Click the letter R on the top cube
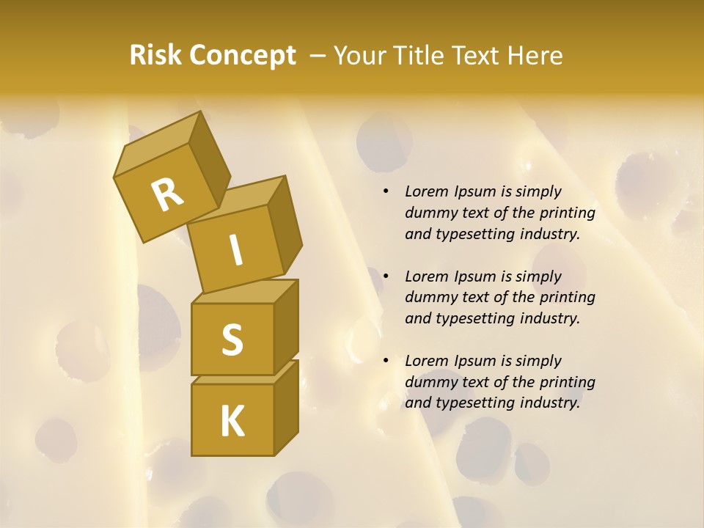click(x=167, y=195)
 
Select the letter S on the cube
click(x=232, y=339)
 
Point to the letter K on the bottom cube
click(x=232, y=422)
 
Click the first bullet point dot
click(x=386, y=191)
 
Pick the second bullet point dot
click(x=386, y=276)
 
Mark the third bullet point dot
click(x=386, y=361)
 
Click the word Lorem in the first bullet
click(x=427, y=191)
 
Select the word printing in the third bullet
click(x=567, y=382)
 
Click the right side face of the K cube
click(x=286, y=407)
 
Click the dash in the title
click(x=318, y=56)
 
